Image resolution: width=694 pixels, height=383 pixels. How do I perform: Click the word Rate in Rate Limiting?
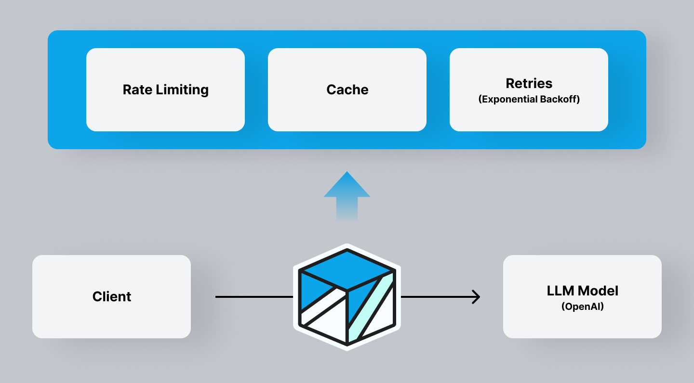[137, 89]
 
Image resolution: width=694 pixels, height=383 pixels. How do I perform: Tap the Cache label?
[347, 89]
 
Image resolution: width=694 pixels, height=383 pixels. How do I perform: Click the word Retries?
[529, 83]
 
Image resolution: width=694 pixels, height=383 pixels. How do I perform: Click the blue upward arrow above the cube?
[347, 192]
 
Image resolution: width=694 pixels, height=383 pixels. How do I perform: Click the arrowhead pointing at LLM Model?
[476, 297]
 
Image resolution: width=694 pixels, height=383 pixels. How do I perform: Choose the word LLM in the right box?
[561, 291]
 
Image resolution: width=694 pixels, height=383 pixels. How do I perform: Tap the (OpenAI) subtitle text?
[582, 306]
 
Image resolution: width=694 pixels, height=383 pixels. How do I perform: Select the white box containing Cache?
[347, 115]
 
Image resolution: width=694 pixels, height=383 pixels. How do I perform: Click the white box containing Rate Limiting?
[165, 115]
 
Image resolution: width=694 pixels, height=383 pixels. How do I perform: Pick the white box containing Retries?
[529, 118]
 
